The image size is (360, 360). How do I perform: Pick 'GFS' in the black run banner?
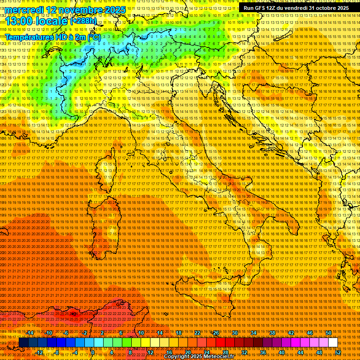[x=262, y=8]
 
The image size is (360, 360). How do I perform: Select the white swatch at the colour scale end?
[x=333, y=343]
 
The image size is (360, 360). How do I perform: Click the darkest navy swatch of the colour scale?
[x=23, y=343]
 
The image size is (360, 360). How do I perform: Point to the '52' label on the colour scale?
[x=338, y=352]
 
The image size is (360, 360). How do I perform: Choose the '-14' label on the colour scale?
[x=30, y=333]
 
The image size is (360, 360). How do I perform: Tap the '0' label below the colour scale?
[x=92, y=352]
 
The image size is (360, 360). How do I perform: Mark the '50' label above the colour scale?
[x=329, y=333]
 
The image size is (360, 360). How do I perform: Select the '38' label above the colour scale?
[x=272, y=333]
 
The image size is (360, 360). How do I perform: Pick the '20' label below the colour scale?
[x=187, y=352]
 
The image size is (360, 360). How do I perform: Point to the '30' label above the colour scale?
[x=234, y=333]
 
